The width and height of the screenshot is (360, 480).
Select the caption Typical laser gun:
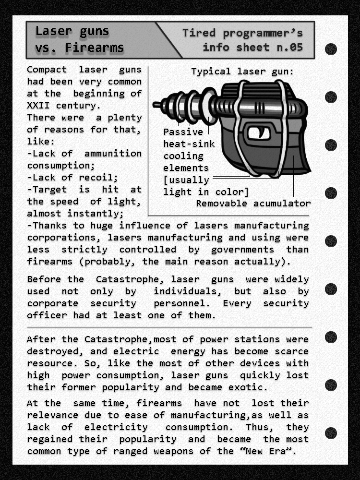pyautogui.click(x=242, y=72)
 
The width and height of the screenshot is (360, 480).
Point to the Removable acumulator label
pyautogui.click(x=253, y=204)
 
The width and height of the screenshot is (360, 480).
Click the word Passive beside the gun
pyautogui.click(x=183, y=132)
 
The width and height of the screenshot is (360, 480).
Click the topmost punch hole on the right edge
pyautogui.click(x=331, y=49)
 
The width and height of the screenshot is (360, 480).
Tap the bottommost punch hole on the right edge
pyautogui.click(x=331, y=433)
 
